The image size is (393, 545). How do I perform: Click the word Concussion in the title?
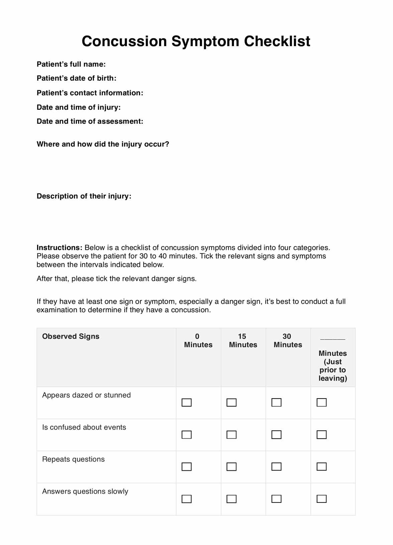coord(124,41)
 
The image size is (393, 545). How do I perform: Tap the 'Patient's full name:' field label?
coord(71,64)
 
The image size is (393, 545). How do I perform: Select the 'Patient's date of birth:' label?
coord(77,78)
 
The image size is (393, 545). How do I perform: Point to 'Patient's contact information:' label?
coord(90,93)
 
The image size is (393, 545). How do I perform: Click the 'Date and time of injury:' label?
coord(79,107)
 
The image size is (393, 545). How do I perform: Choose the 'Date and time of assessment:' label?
coord(90,121)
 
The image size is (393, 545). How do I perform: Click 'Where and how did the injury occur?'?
coord(103,144)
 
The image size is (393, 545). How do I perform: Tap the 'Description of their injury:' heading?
coord(84,196)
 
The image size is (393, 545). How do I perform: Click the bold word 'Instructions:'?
coord(59,248)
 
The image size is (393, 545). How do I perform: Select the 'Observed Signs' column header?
coord(71,336)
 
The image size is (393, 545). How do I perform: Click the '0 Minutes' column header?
coord(198,341)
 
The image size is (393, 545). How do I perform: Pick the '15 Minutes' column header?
coord(243,341)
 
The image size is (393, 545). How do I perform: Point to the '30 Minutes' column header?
coord(288,341)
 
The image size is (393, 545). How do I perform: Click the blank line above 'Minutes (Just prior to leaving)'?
coord(333,339)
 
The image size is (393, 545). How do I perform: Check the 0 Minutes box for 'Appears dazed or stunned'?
coord(186,403)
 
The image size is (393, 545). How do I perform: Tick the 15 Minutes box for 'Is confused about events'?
coord(232,435)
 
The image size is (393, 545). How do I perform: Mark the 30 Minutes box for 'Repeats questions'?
coord(276,467)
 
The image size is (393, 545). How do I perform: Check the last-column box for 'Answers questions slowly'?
coord(321,499)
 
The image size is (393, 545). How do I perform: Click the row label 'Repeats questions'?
coord(74,459)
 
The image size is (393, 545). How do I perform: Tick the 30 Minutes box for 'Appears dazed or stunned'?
coord(276,403)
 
